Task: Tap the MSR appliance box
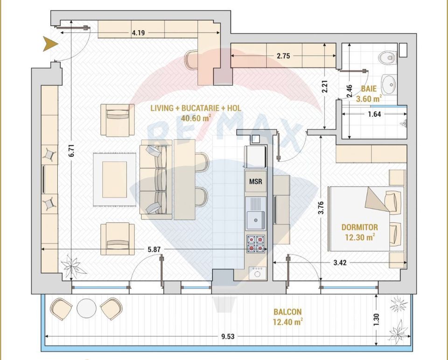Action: (x=255, y=181)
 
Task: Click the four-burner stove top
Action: (x=255, y=244)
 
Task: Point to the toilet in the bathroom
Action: (x=387, y=57)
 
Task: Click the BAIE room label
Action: (x=368, y=88)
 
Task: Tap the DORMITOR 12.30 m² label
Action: (x=359, y=232)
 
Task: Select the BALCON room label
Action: (x=287, y=312)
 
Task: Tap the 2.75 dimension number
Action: (x=283, y=56)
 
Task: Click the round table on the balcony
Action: (x=86, y=308)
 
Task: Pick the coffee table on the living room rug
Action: (x=115, y=179)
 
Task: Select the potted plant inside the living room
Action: (x=72, y=266)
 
